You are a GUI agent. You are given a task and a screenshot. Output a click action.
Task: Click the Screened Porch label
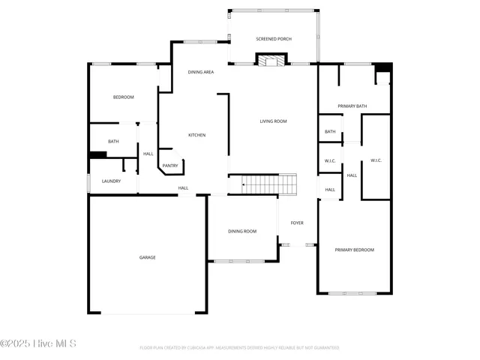point(274,39)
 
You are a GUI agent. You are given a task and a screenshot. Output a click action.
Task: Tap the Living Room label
point(273,121)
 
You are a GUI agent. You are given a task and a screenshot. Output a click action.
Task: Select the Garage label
point(147,257)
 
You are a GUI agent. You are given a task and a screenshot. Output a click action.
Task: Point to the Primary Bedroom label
point(354,250)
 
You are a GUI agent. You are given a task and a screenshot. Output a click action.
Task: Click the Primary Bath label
point(352,106)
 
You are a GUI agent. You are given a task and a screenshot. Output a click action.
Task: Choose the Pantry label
point(170,165)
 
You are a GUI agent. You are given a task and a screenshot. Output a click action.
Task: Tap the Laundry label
point(112,181)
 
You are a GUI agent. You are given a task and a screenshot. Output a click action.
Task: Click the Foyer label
point(297,223)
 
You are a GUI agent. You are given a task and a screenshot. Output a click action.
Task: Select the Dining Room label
point(242,231)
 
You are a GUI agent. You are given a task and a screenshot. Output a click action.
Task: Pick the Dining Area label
point(201,72)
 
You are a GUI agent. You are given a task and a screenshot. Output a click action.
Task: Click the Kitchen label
point(196,135)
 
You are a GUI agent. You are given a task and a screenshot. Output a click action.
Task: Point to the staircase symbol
point(268,184)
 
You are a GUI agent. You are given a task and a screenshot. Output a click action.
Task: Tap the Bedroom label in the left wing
point(123,97)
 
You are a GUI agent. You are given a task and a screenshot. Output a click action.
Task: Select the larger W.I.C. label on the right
point(376,160)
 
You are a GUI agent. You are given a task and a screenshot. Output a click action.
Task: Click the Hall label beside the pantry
point(148,154)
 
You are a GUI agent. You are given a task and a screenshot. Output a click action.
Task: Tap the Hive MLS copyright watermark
point(38,344)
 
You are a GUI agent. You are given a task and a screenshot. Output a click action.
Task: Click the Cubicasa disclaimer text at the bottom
point(239,348)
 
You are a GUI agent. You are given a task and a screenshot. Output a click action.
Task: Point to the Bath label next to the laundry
point(113,141)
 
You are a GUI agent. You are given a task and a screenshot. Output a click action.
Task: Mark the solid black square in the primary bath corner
point(382,67)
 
